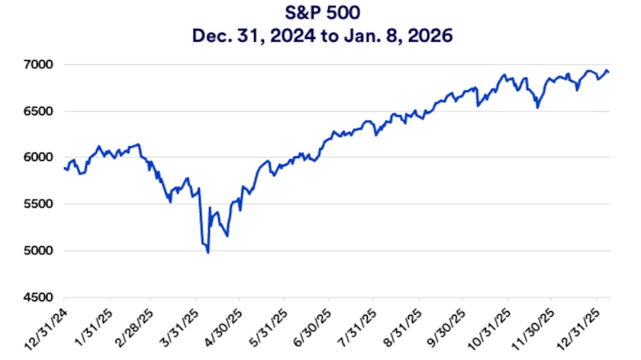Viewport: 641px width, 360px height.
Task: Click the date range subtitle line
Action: pos(320,34)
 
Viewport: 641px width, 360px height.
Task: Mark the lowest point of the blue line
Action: pos(208,252)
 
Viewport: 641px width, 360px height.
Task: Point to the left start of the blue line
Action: pos(64,168)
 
